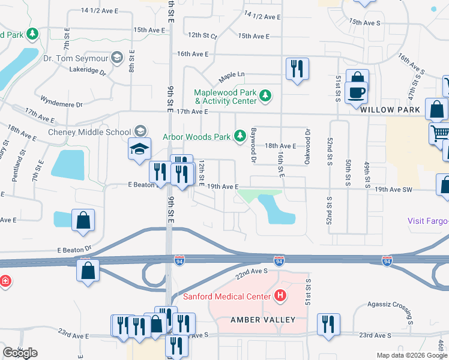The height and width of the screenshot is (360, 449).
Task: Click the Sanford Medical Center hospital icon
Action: pos(280,296)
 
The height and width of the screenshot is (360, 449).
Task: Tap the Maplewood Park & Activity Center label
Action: pos(224,97)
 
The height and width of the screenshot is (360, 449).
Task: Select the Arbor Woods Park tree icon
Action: pos(240,136)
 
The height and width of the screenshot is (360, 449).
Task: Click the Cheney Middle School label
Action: pos(89,132)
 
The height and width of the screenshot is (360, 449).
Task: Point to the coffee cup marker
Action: pos(357,92)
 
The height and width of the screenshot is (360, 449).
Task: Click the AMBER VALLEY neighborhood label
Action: pos(264,320)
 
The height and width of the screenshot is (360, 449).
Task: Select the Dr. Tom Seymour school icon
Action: pos(117,58)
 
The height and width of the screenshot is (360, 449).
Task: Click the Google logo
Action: pos(20,353)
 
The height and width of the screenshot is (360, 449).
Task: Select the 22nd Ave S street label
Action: pos(251,272)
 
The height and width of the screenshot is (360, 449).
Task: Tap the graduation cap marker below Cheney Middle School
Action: pos(139,149)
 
